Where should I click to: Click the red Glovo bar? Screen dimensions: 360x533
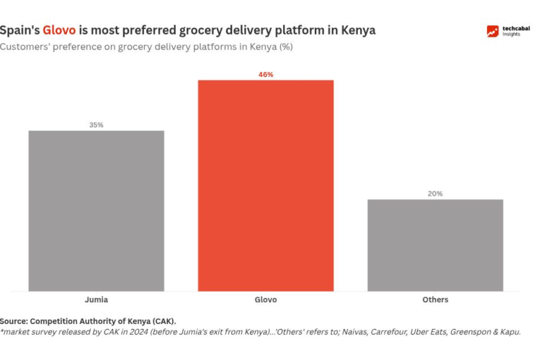[266, 185]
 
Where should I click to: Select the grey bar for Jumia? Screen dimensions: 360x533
[97, 210]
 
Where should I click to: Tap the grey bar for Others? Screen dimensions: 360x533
[435, 245]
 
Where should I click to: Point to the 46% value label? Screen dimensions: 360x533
[266, 74]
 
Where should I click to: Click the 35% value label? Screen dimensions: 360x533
[97, 125]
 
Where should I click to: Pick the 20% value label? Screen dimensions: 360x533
[435, 194]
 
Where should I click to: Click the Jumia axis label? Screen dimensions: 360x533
[97, 300]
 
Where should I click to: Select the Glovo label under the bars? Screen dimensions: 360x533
[266, 300]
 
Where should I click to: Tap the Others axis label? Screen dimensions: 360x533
[435, 300]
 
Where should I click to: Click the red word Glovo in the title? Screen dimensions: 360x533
[59, 31]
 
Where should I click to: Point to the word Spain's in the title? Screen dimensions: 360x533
[19, 31]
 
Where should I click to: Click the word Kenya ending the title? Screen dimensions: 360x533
[357, 31]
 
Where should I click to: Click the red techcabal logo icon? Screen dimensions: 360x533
[493, 31]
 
